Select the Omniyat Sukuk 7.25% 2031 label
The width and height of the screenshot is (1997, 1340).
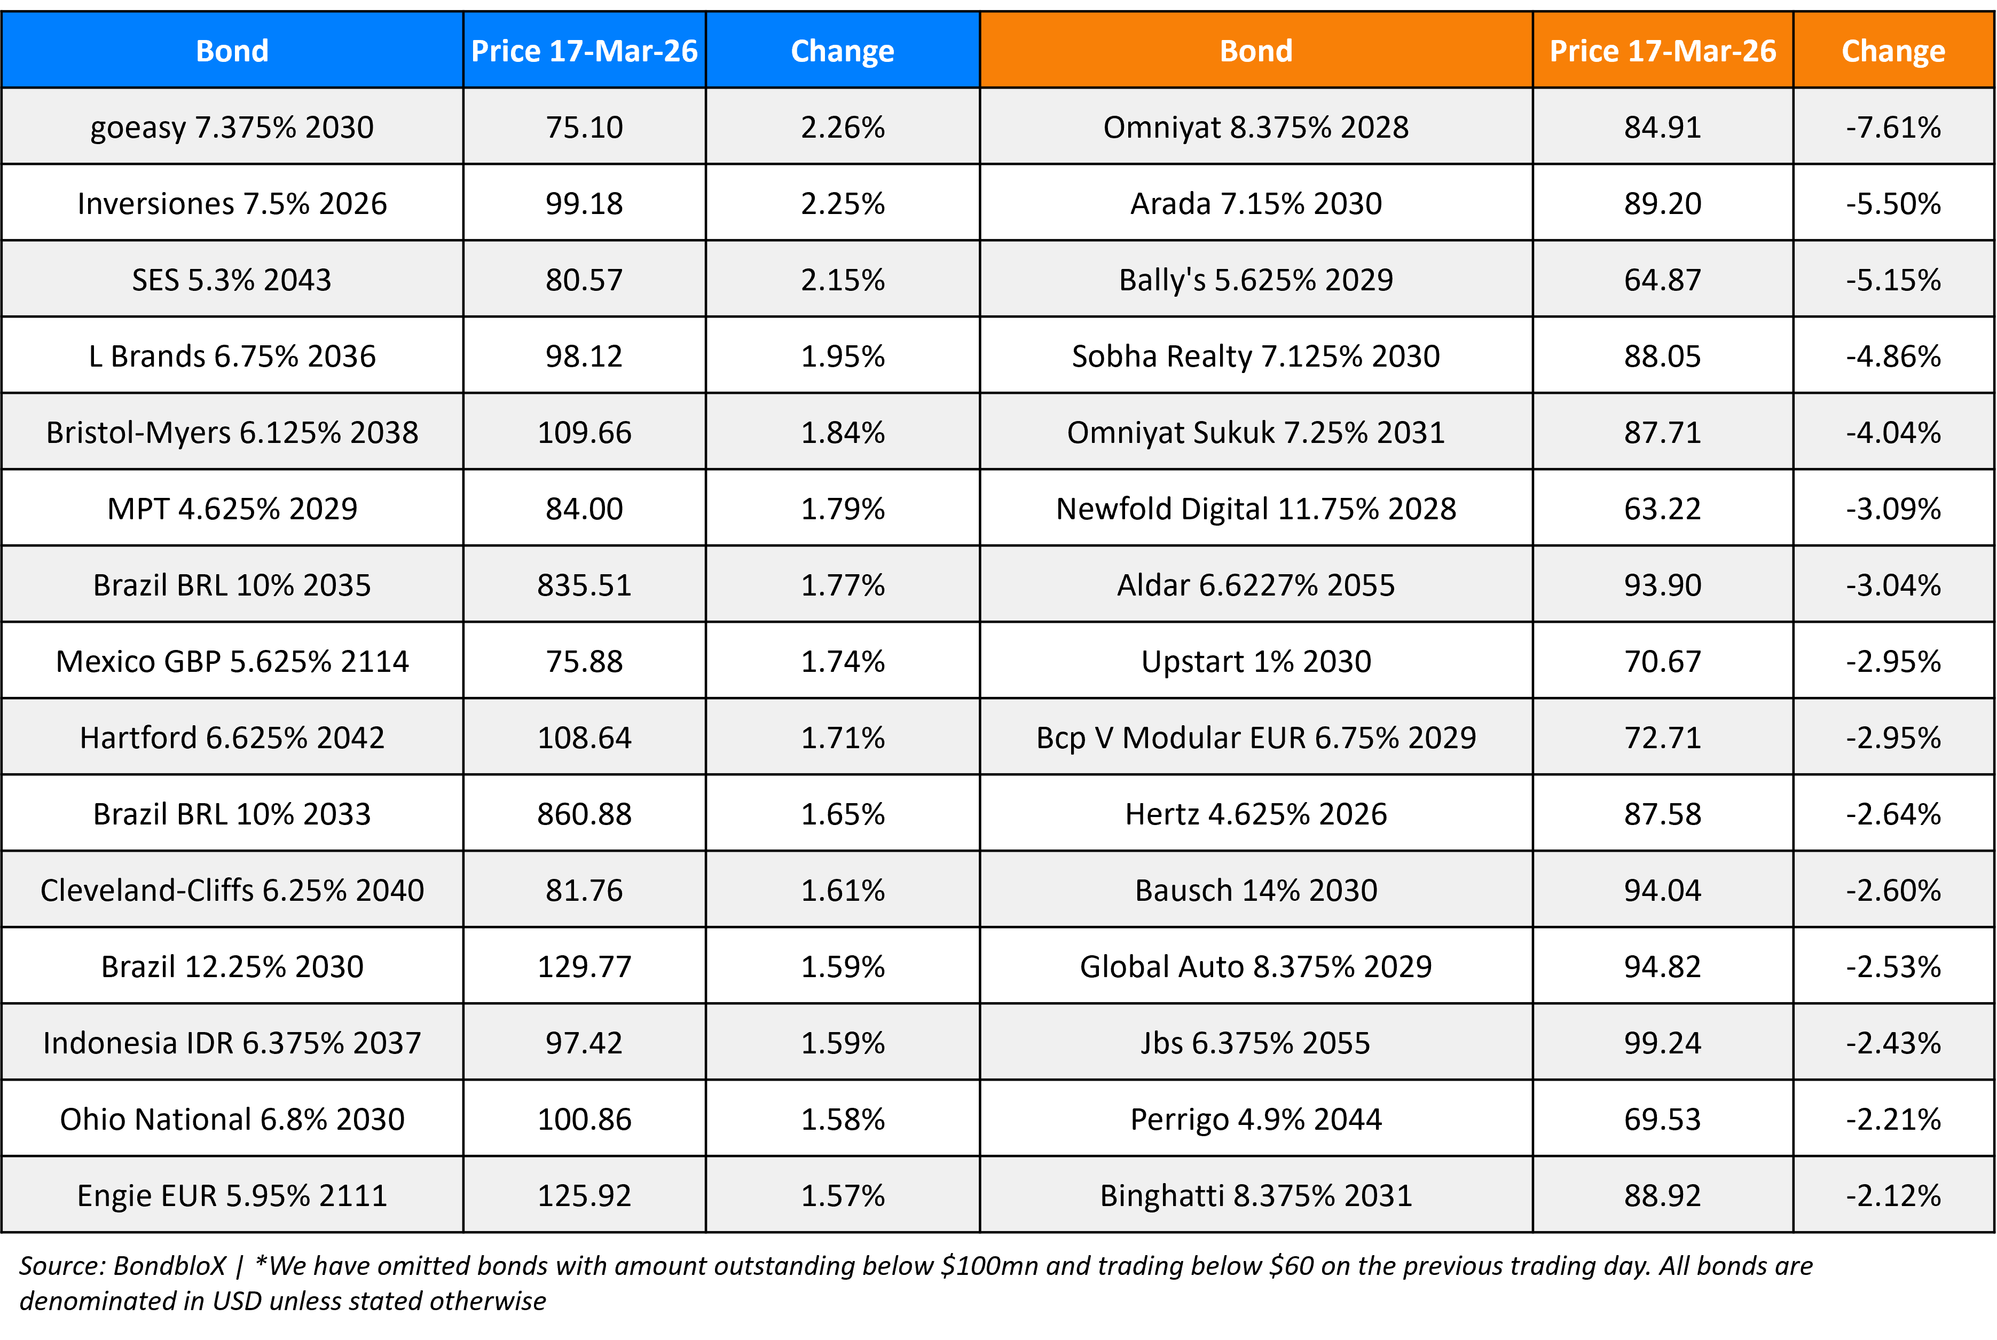click(x=1255, y=432)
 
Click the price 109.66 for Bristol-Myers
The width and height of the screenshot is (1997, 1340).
click(x=584, y=432)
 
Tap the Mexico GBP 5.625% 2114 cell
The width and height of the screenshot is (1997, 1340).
click(x=232, y=661)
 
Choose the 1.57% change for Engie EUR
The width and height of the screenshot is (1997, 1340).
click(x=842, y=1195)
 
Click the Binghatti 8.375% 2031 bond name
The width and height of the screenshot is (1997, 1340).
click(x=1255, y=1195)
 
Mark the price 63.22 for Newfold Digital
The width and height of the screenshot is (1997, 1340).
click(x=1662, y=509)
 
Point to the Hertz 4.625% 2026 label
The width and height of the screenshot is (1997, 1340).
click(x=1255, y=814)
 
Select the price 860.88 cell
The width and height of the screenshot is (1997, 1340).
click(x=584, y=814)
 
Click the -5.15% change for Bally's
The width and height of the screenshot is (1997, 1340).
click(x=1893, y=280)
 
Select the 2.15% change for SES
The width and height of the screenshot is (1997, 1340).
click(x=842, y=280)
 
